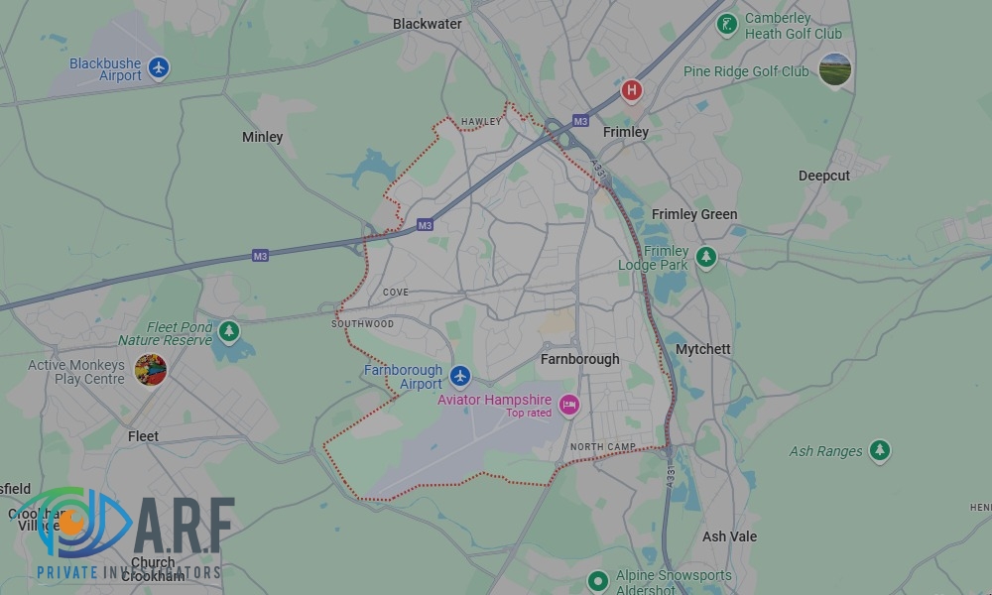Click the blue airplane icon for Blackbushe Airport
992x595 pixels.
tap(159, 68)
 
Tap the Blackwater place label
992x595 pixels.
tap(428, 24)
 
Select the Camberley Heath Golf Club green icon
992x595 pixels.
tap(727, 23)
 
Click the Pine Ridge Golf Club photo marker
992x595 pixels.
tap(835, 70)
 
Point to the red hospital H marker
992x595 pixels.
tap(631, 91)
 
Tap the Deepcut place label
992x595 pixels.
tap(824, 176)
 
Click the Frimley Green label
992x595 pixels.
tap(694, 214)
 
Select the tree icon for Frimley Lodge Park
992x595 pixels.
tap(705, 257)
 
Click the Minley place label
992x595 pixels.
tap(263, 137)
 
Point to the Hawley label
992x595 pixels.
tap(481, 122)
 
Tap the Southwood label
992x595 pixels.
tap(362, 324)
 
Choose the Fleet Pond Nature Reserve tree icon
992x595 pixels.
tap(229, 330)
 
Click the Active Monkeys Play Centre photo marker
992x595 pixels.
tap(151, 370)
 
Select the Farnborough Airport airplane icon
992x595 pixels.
tap(459, 376)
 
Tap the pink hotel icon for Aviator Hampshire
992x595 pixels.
tap(568, 404)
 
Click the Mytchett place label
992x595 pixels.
tap(703, 349)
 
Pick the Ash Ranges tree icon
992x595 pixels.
tap(879, 451)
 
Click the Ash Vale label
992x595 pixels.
tap(729, 536)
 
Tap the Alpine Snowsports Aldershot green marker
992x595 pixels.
tap(597, 580)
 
